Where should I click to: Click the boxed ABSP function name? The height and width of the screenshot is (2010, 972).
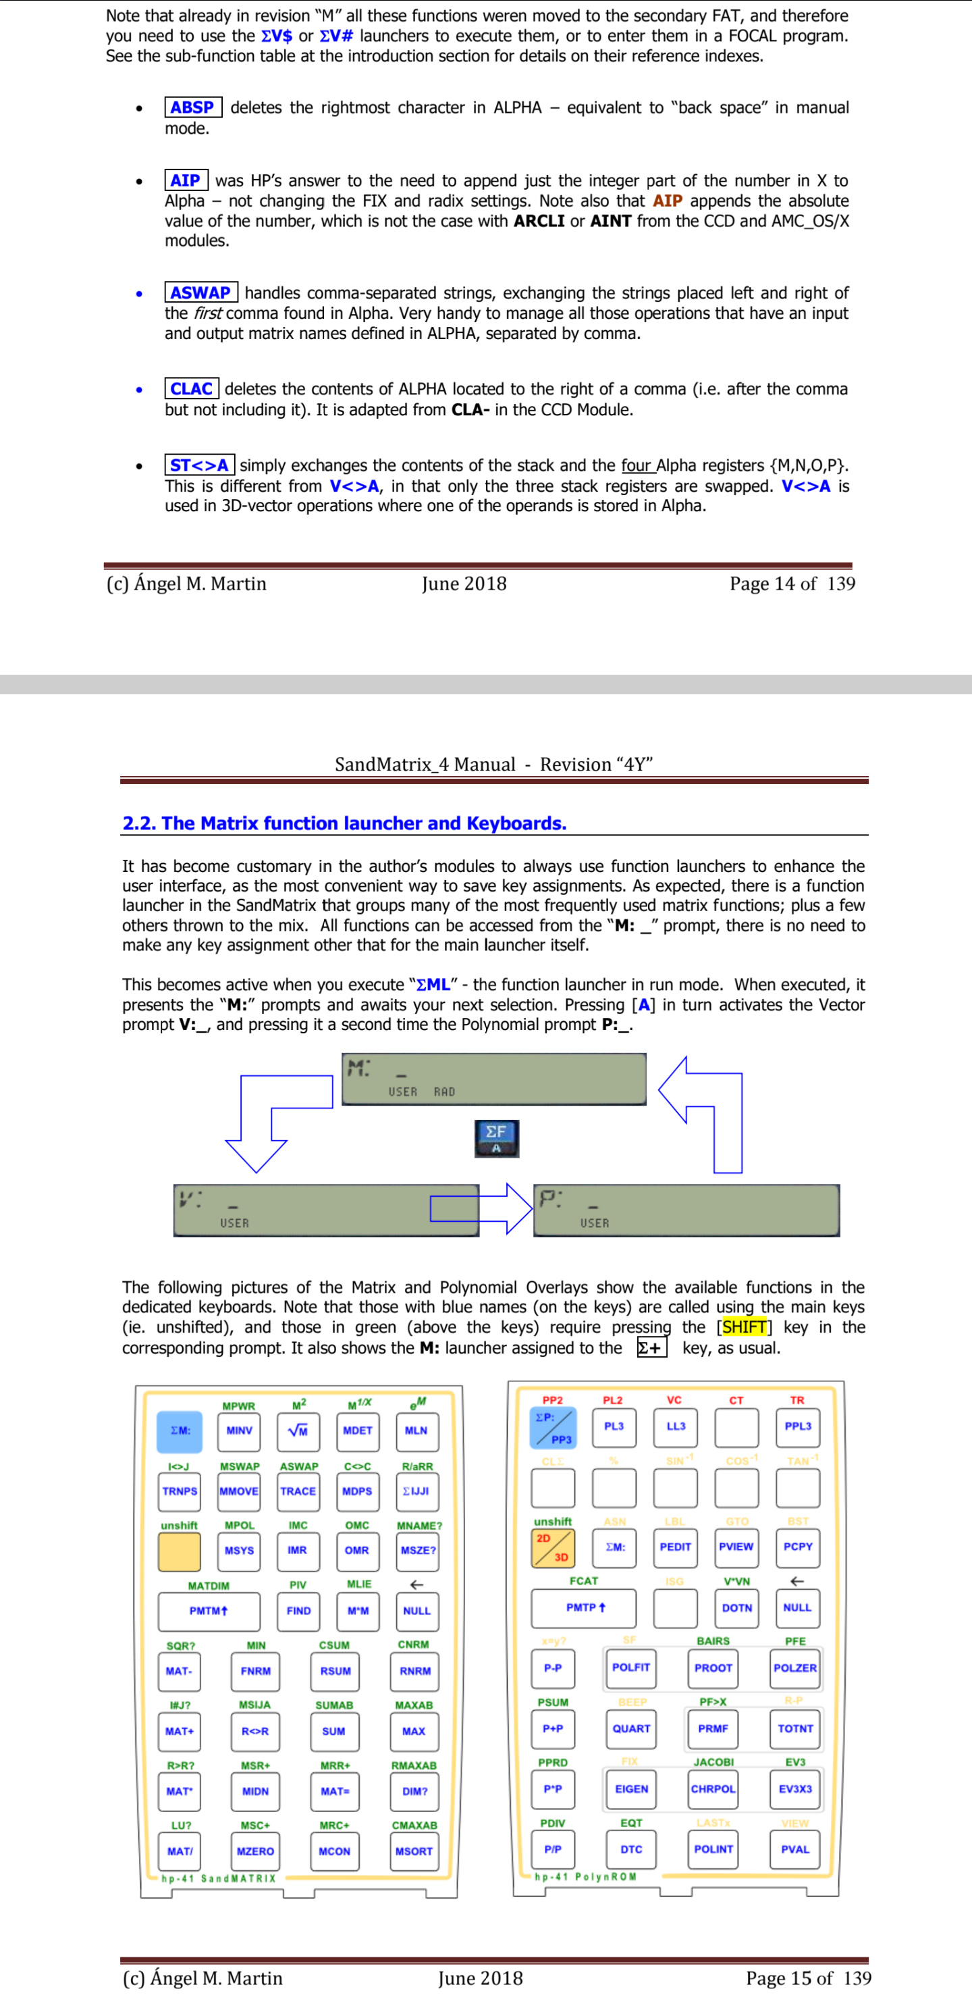(192, 107)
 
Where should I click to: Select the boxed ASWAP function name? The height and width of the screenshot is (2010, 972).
(200, 292)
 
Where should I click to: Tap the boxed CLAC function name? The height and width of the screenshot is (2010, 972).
(191, 388)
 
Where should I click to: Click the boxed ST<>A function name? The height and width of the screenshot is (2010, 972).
(200, 465)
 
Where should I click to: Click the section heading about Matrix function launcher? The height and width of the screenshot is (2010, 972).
(344, 823)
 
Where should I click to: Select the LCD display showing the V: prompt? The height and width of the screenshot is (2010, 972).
(325, 1210)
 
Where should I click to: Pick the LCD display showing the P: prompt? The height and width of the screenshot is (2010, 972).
(686, 1210)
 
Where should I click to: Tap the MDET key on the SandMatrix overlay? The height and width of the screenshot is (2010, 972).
(357, 1431)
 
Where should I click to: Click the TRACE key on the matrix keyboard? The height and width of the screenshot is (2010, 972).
(298, 1491)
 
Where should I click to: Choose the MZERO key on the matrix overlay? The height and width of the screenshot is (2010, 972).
(255, 1851)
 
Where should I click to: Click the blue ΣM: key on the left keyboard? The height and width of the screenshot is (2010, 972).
(180, 1431)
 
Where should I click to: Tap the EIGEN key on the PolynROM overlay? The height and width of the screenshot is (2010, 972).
(631, 1788)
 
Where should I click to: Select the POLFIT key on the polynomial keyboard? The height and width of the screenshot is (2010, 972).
(631, 1668)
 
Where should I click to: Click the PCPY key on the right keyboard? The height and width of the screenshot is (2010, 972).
(797, 1547)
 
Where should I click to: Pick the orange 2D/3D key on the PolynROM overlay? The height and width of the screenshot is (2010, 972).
(552, 1547)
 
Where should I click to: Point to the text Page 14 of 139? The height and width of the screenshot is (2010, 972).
(792, 584)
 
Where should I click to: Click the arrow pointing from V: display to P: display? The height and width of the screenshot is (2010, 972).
(482, 1209)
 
